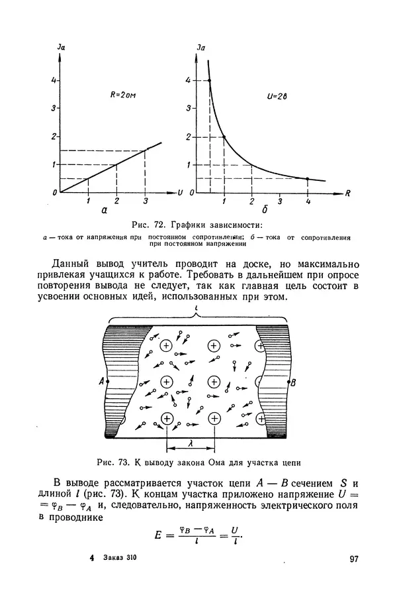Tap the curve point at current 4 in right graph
pyautogui.click(x=210, y=80)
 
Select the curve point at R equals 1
pyautogui.click(x=224, y=137)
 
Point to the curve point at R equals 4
pyautogui.click(x=307, y=179)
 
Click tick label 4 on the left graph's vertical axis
pyautogui.click(x=54, y=81)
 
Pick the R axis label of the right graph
pyautogui.click(x=347, y=193)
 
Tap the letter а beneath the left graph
pyautogui.click(x=104, y=211)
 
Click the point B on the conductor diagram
pyautogui.click(x=293, y=382)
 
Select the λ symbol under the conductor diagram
pyautogui.click(x=190, y=449)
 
